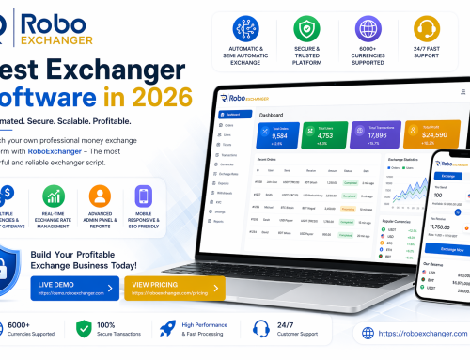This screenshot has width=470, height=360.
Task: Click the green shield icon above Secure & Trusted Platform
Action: [x=306, y=29]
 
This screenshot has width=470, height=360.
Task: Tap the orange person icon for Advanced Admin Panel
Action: [x=100, y=197]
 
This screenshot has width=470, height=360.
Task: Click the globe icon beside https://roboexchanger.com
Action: [x=368, y=333]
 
